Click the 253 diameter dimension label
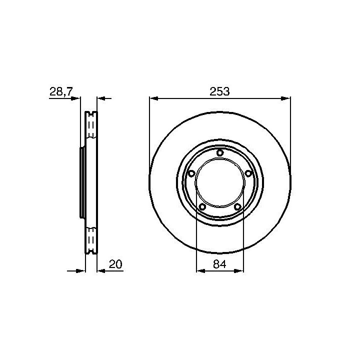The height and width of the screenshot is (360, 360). click(219, 91)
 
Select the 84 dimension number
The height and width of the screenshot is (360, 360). click(219, 264)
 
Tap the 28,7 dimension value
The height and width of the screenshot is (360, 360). click(61, 92)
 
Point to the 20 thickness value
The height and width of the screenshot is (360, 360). click(115, 264)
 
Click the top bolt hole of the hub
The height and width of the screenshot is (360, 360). click(220, 152)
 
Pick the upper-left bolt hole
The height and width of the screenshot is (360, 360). click(191, 173)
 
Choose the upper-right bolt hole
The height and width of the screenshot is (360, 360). click(248, 173)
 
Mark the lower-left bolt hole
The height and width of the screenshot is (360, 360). click(202, 207)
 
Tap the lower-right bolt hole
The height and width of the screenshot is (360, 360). click(237, 207)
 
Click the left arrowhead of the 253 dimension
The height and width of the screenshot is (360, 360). click(154, 98)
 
